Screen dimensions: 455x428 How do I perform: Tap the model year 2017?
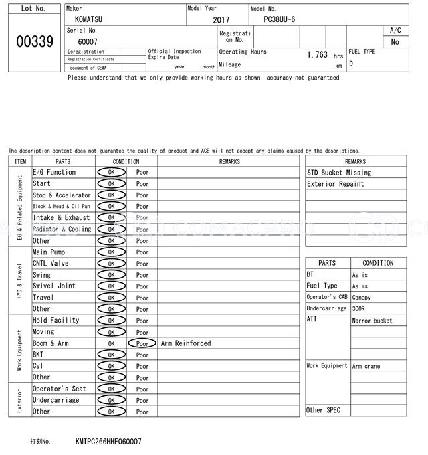[x=221, y=20]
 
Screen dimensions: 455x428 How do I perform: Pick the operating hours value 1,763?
[x=317, y=55]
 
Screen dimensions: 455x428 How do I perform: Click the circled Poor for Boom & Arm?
[x=142, y=343]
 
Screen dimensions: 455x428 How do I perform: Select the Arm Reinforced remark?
[x=186, y=343]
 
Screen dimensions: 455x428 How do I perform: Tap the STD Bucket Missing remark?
[x=339, y=173]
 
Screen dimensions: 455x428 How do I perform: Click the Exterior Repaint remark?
[x=336, y=184]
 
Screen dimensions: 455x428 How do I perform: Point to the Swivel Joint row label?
[x=54, y=286]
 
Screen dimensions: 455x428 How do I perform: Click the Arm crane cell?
[x=366, y=367]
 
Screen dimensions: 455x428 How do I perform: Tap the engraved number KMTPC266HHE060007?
[x=108, y=442]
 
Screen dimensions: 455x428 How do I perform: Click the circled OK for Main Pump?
[x=111, y=252]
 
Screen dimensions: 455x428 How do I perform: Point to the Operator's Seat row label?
[x=60, y=389]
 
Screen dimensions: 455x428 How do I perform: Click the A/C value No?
[x=395, y=41]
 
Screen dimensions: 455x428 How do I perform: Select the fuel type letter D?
[x=351, y=64]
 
